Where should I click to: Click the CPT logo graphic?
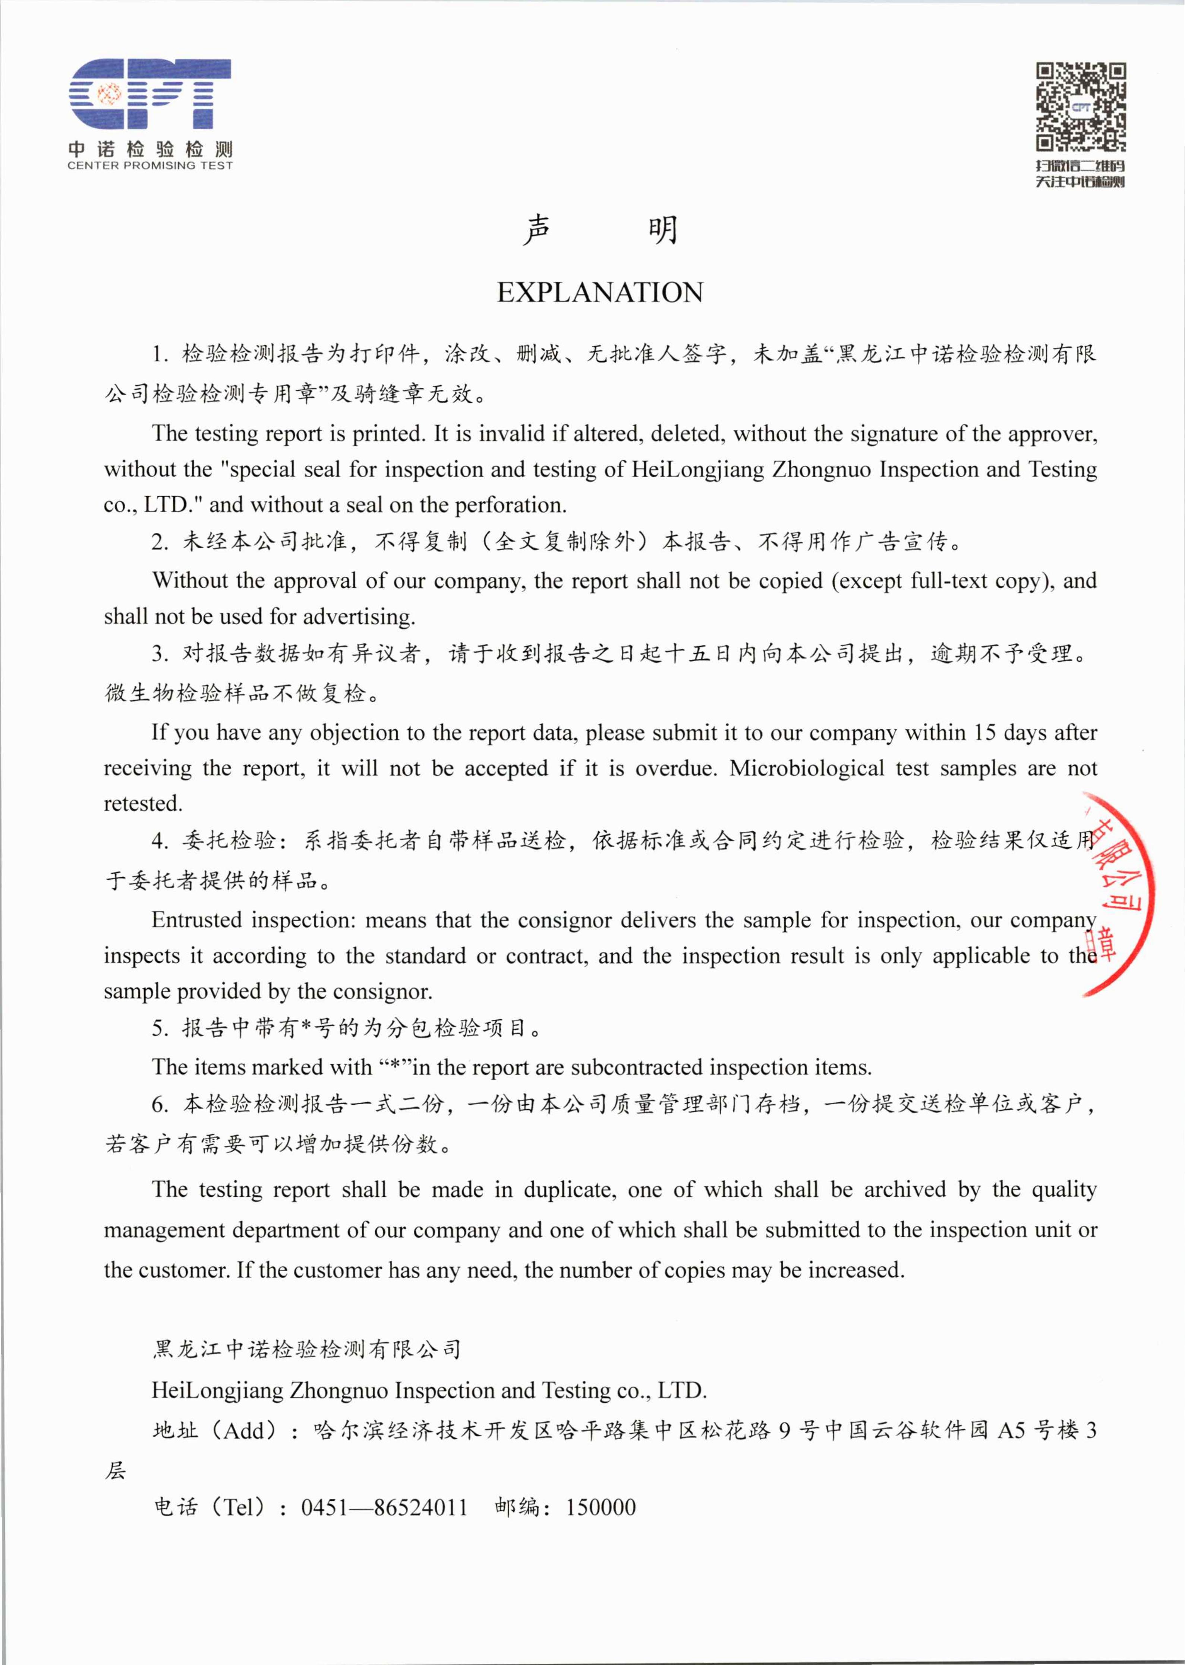149,95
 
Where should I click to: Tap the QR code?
1081,107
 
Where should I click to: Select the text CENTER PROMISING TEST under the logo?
149,165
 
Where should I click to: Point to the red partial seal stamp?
1116,893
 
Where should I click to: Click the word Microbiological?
806,768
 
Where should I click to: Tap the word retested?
142,804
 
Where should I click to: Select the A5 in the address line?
1011,1430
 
